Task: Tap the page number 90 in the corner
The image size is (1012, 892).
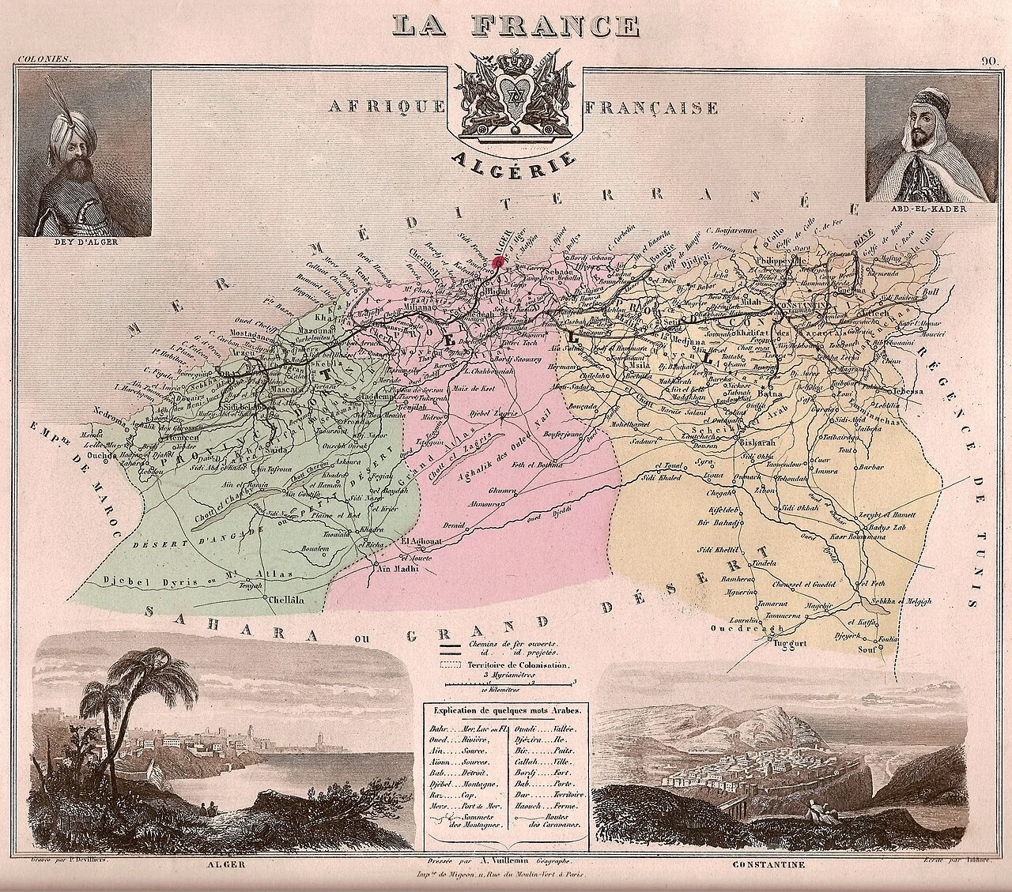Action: pos(989,62)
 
